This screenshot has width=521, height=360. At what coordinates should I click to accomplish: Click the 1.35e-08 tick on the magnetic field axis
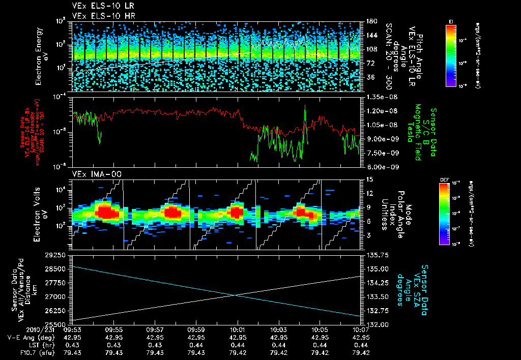(378, 96)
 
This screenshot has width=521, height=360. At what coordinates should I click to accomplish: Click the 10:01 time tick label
(238, 329)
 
